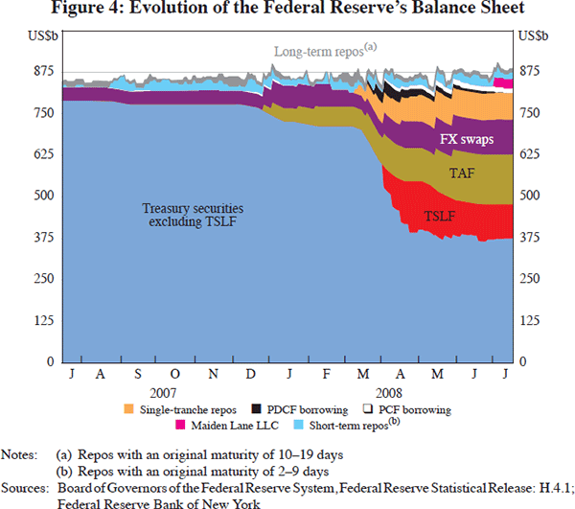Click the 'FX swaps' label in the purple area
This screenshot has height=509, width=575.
point(467,140)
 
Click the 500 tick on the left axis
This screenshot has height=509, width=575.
point(41,196)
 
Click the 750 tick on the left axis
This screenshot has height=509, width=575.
point(41,113)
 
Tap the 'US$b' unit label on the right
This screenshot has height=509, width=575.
point(533,35)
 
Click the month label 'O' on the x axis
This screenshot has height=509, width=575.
point(175,374)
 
